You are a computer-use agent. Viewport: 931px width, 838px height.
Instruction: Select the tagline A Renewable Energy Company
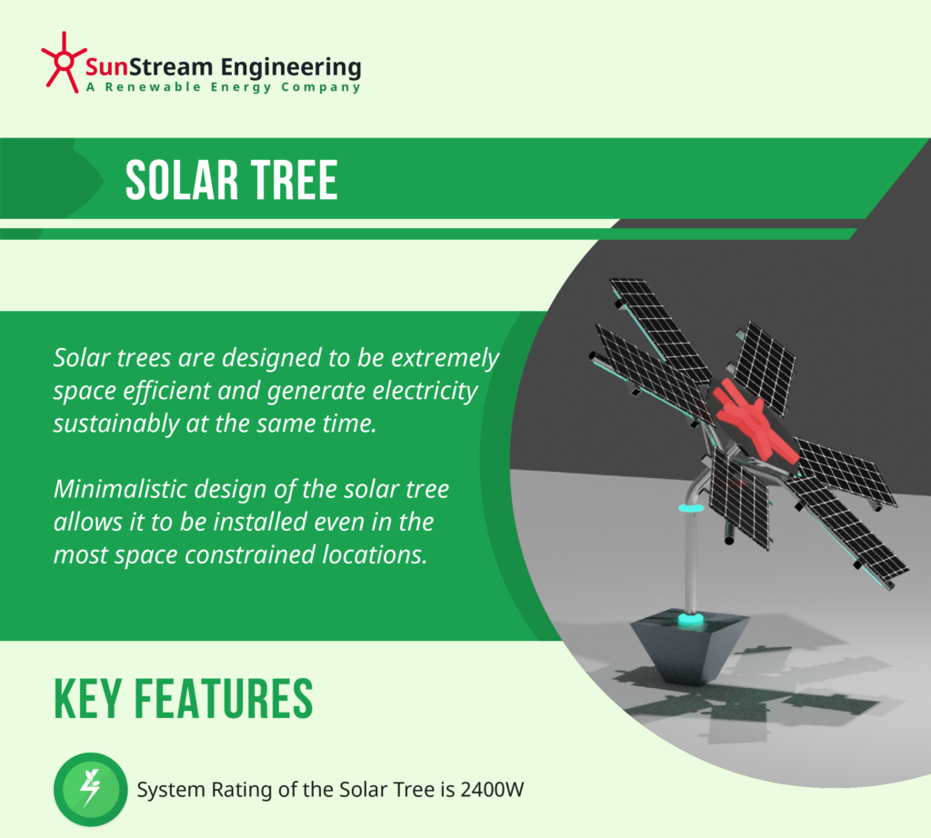pyautogui.click(x=223, y=87)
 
